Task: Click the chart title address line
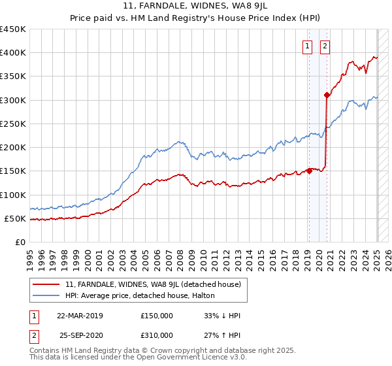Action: pyautogui.click(x=196, y=7)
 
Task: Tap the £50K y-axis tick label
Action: pyautogui.click(x=15, y=218)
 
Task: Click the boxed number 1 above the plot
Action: pyautogui.click(x=306, y=46)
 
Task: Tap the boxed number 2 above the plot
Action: pyautogui.click(x=325, y=46)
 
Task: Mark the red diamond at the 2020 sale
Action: pyautogui.click(x=327, y=95)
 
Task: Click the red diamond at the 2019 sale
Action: pyautogui.click(x=309, y=171)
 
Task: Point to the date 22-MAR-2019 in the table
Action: pyautogui.click(x=80, y=315)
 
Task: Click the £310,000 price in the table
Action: pyautogui.click(x=157, y=335)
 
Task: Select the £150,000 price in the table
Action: pyautogui.click(x=157, y=315)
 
